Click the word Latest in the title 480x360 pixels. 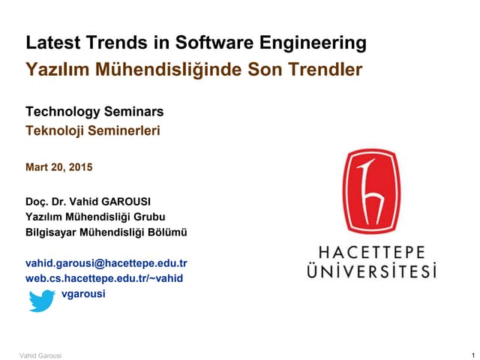point(50,43)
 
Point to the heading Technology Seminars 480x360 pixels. point(94,112)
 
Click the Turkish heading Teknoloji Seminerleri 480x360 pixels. point(93,130)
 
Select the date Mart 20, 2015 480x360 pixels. point(59,167)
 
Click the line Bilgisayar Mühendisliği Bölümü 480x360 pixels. point(106,232)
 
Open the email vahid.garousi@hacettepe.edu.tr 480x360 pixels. point(106,263)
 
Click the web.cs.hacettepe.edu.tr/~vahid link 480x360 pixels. point(104,278)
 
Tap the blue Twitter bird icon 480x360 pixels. point(42,299)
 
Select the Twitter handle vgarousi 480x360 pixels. point(83,293)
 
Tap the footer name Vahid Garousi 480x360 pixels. point(40,354)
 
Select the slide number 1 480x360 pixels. point(466,354)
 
